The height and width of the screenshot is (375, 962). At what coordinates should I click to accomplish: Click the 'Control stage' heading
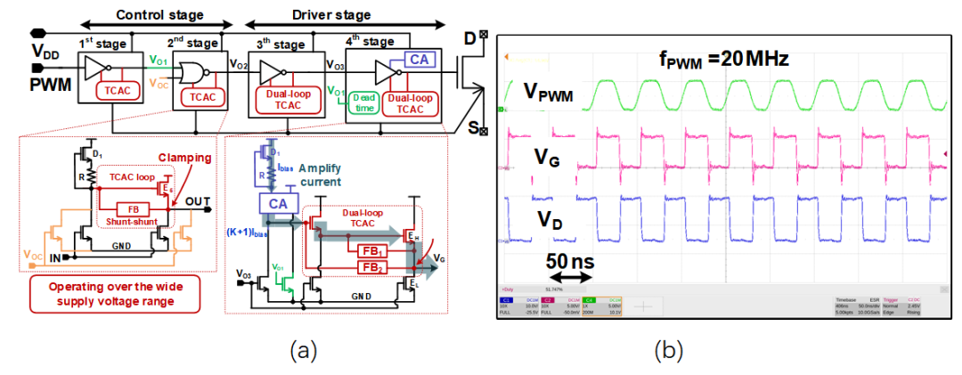[159, 15]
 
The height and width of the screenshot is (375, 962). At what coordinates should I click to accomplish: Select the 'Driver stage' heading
[331, 15]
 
